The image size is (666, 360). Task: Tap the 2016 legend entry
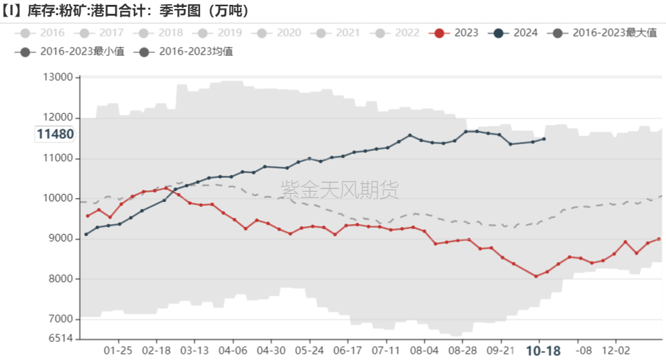pos(45,32)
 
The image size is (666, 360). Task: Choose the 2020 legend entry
pos(281,32)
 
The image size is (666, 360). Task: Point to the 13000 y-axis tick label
pos(58,77)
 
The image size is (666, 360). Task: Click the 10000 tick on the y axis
pos(58,199)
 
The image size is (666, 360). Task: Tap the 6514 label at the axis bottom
pos(61,338)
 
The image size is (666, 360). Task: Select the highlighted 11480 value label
pos(55,134)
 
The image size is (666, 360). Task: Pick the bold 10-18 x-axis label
pos(543,350)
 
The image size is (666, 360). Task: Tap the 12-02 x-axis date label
pos(614,350)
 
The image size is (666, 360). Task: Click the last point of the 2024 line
pos(544,139)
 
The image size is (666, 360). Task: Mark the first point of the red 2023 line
pos(87,216)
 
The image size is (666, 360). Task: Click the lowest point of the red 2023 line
pos(536,276)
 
